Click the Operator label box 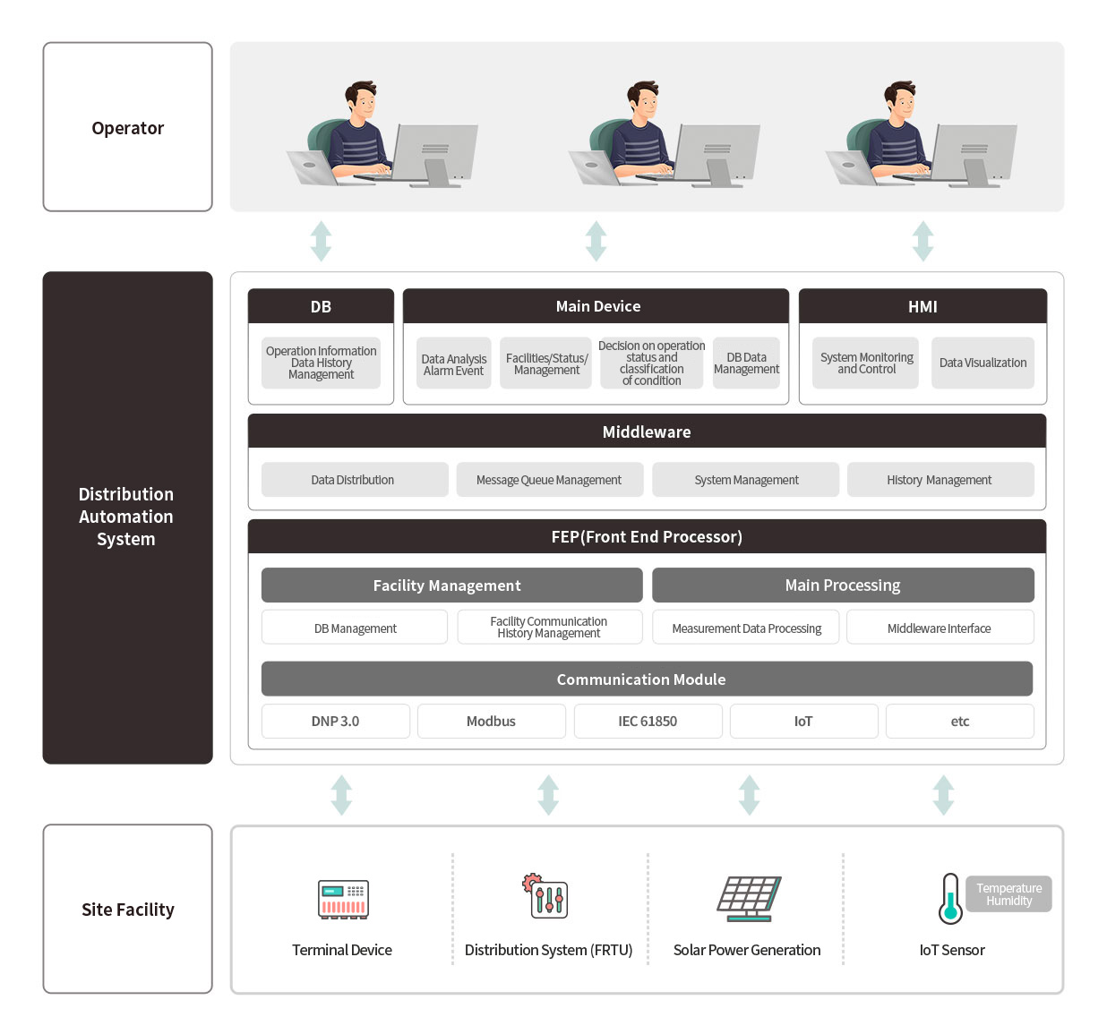click(127, 127)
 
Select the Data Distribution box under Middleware click(354, 480)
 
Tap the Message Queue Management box click(549, 480)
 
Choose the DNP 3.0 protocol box click(335, 721)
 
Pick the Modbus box click(491, 721)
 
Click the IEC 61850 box click(648, 721)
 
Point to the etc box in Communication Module click(959, 721)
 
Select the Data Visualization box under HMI click(983, 363)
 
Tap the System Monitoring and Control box click(865, 363)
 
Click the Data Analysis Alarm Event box click(454, 363)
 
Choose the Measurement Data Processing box click(746, 628)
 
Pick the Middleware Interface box click(940, 628)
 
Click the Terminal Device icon click(343, 899)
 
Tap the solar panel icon click(749, 898)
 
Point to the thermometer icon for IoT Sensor click(949, 899)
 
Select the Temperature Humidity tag click(1008, 894)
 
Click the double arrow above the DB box click(321, 241)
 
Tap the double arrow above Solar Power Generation click(749, 795)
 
